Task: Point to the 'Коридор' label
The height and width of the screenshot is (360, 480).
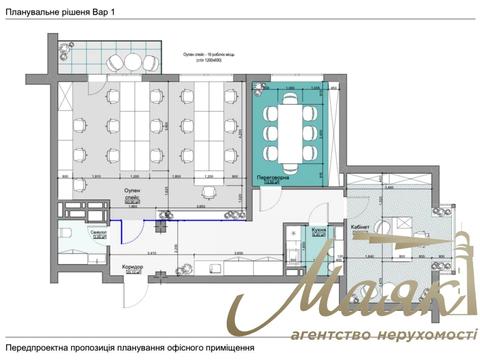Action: (x=133, y=268)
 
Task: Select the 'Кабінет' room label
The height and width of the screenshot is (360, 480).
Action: (x=363, y=228)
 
